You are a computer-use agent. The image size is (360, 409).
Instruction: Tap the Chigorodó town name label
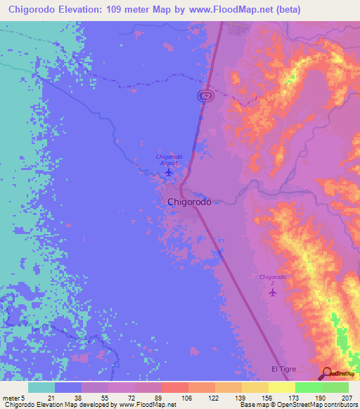[x=190, y=202]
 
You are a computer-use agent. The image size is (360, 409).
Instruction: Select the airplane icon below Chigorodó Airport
[x=168, y=171]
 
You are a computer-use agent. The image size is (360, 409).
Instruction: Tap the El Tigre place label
[x=285, y=369]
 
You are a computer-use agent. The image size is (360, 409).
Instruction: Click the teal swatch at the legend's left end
[x=41, y=387]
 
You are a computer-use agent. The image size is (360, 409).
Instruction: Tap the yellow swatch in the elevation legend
[x=282, y=387]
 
